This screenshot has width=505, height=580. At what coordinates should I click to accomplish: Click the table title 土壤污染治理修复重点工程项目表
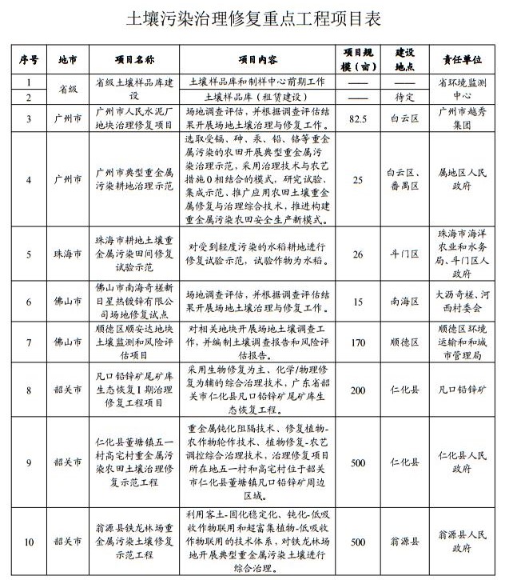(x=252, y=20)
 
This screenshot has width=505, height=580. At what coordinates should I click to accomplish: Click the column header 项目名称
(x=134, y=60)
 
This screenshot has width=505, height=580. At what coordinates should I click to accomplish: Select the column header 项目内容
(x=258, y=60)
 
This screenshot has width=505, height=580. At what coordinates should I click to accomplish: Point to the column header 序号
(x=30, y=60)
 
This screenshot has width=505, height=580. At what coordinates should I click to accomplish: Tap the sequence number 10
(x=30, y=542)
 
